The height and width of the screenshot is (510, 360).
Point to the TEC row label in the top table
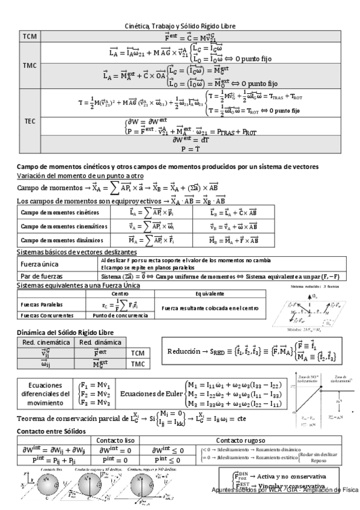point(30,120)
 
